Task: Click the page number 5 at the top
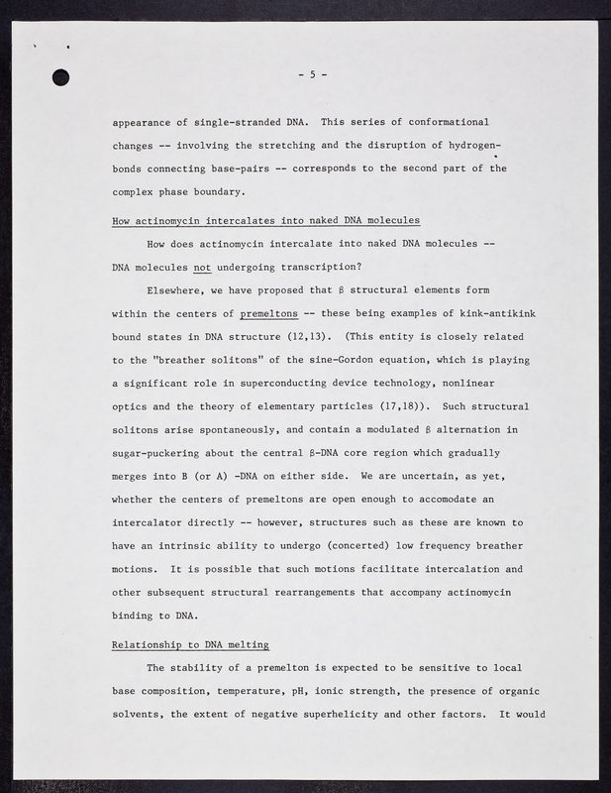click(x=312, y=74)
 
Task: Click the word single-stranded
click(x=232, y=122)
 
